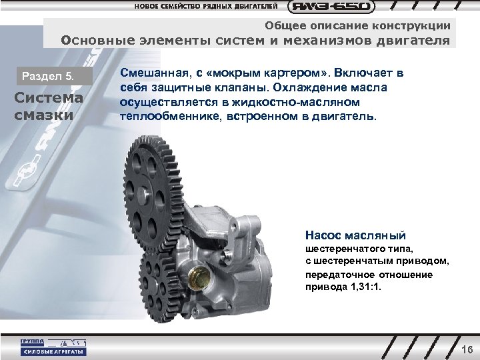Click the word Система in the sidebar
(49, 97)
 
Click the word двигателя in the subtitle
(415, 40)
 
